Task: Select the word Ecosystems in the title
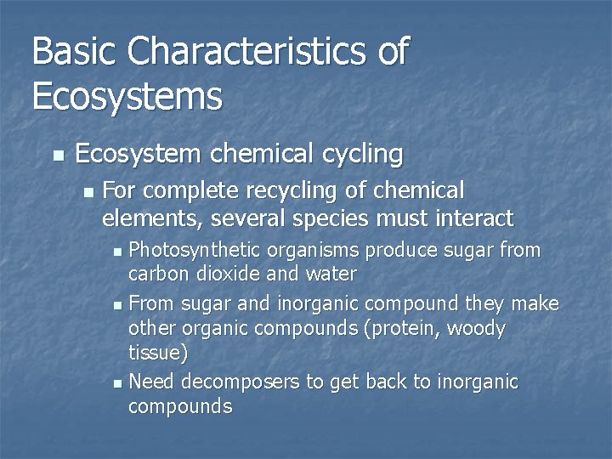127,96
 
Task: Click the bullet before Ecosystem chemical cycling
58,156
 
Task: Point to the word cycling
363,154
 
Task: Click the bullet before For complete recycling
88,191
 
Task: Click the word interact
472,219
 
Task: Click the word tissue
155,352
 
